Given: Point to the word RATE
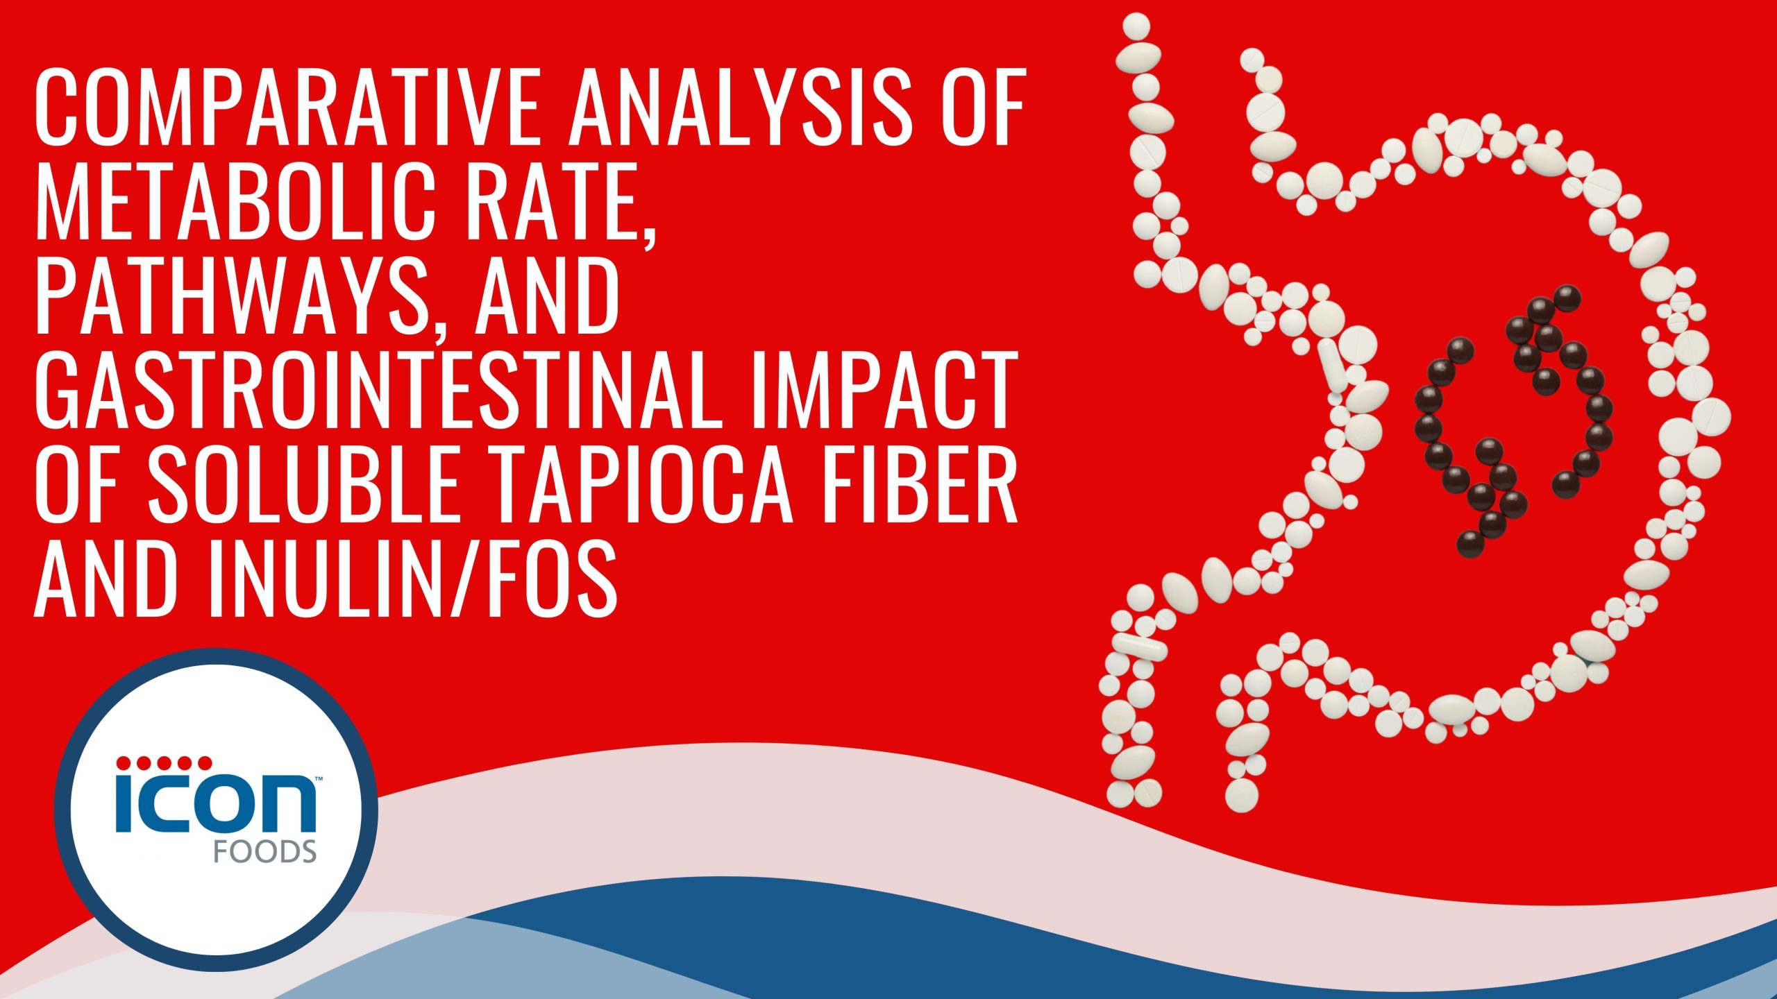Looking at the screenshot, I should [x=555, y=201].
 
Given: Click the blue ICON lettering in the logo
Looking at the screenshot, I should [x=215, y=805].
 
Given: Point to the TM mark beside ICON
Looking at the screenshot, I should [x=319, y=780].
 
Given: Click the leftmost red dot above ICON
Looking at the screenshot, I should [x=124, y=763].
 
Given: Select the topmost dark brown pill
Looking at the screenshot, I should [x=1567, y=298].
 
